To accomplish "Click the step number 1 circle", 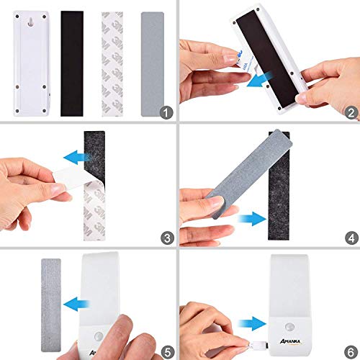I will (x=167, y=112).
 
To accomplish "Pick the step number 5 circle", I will (x=167, y=352).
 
